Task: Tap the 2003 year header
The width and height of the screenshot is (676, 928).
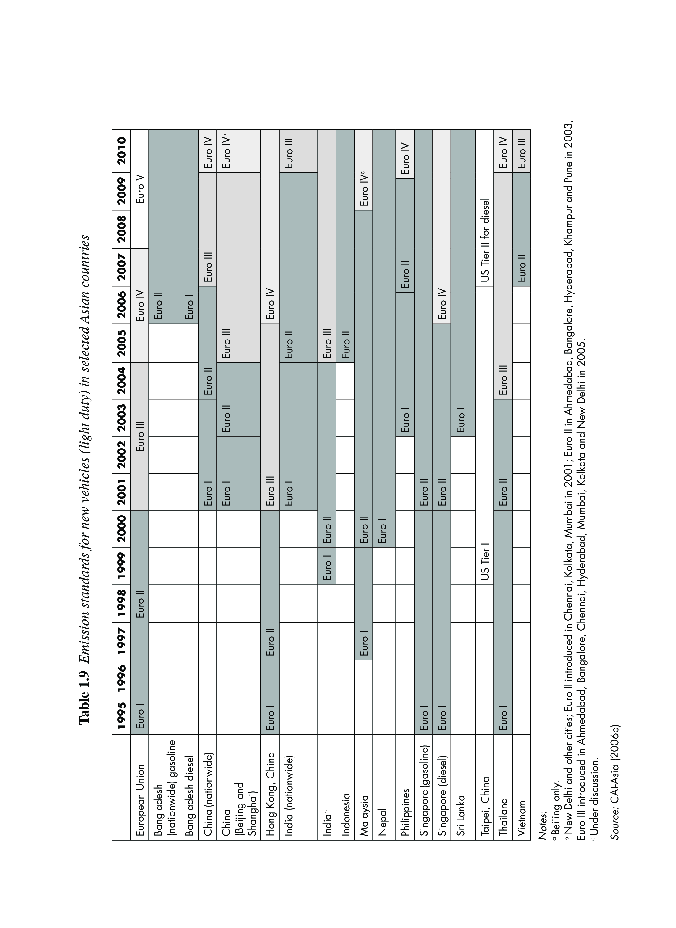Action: pyautogui.click(x=121, y=418)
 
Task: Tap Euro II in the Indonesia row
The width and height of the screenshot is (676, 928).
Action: pyautogui.click(x=345, y=344)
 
